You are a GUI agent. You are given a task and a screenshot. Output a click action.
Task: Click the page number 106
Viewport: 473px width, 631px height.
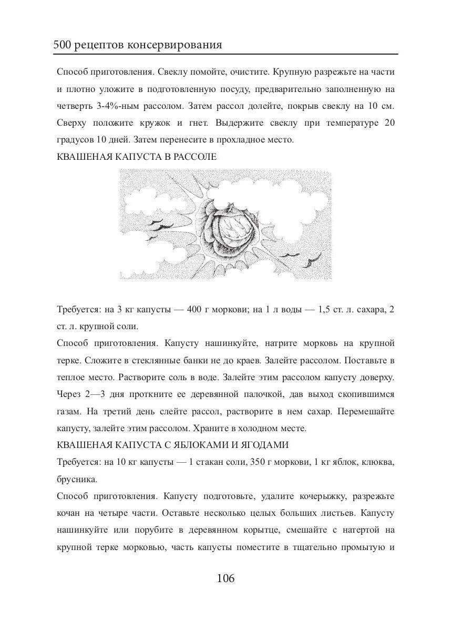coord(225,579)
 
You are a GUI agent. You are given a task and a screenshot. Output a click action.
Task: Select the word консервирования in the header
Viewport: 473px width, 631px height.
coord(181,45)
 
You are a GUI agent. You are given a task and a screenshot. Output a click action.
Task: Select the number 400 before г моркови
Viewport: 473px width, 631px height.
coord(195,309)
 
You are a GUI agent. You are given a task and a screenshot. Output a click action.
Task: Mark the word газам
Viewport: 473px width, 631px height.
coord(69,411)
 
